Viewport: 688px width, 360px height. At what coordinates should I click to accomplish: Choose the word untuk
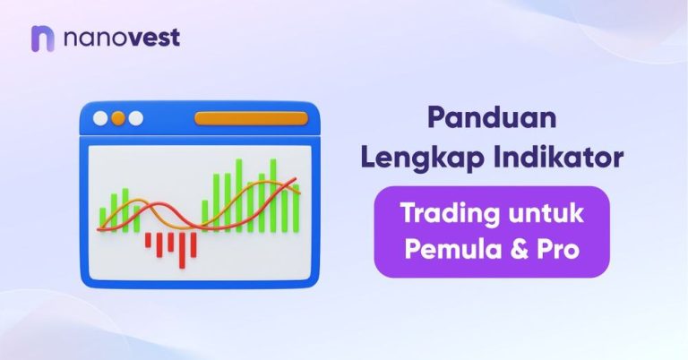[546, 215]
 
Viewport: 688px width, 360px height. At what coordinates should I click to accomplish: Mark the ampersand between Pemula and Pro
[516, 250]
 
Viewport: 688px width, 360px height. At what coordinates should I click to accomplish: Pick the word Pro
[554, 250]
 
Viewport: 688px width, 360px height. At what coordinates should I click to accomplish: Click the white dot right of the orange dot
[136, 118]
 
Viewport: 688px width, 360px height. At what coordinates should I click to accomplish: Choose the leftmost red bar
[149, 239]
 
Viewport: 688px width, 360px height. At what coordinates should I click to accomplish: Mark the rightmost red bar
[192, 242]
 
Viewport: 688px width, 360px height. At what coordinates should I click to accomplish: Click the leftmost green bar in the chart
[103, 219]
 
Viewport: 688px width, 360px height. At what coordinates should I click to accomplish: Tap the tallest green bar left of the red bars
[125, 210]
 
